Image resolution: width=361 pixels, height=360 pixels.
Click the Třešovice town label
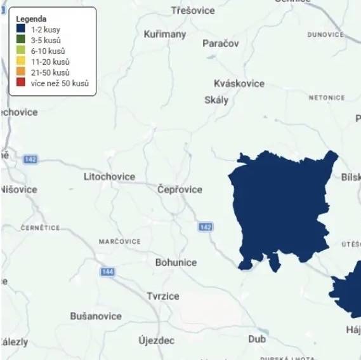pyautogui.click(x=193, y=11)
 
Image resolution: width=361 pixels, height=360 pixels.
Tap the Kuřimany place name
pyautogui.click(x=165, y=34)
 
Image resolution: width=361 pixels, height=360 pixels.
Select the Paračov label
pyautogui.click(x=221, y=43)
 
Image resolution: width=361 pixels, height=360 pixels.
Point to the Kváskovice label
pyautogui.click(x=239, y=84)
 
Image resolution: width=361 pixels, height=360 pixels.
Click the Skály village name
pyautogui.click(x=216, y=100)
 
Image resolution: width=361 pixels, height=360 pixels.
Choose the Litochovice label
pyautogui.click(x=109, y=177)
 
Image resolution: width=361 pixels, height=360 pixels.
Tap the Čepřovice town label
pyautogui.click(x=180, y=189)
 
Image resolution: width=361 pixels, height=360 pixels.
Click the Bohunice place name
pyautogui.click(x=176, y=262)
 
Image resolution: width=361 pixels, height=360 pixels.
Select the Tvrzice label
pyautogui.click(x=163, y=296)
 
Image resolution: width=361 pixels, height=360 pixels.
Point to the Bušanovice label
pyautogui.click(x=96, y=316)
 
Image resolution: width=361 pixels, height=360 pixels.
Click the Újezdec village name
pyautogui.click(x=156, y=340)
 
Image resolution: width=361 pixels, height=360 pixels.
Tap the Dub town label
pyautogui.click(x=257, y=339)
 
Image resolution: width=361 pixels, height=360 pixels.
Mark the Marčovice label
pyautogui.click(x=120, y=242)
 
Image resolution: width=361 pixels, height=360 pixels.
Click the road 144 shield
pyautogui.click(x=107, y=272)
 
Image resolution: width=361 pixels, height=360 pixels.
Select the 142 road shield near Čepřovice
pyautogui.click(x=205, y=227)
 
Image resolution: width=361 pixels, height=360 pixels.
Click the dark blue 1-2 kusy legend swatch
pyautogui.click(x=20, y=29)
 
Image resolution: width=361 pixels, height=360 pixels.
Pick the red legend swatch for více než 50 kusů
pyautogui.click(x=20, y=83)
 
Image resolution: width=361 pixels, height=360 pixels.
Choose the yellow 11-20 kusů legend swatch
pyautogui.click(x=20, y=62)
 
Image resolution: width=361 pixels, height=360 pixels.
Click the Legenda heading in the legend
pyautogui.click(x=31, y=19)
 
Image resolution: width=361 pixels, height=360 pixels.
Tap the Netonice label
pyautogui.click(x=327, y=98)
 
